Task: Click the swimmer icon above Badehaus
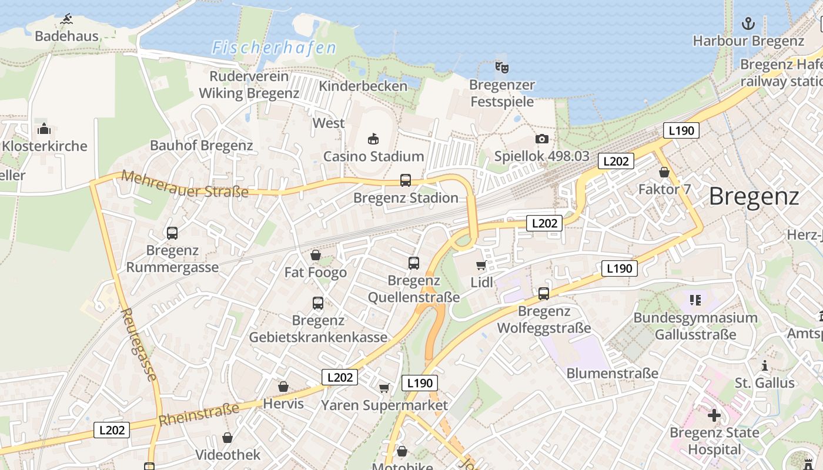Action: point(66,19)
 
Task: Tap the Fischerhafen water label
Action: point(274,48)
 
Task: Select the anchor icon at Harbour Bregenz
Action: point(748,23)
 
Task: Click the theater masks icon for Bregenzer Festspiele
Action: point(501,68)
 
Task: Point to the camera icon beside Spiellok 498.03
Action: point(542,139)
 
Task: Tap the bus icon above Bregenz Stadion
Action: point(405,180)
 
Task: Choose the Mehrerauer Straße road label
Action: point(185,184)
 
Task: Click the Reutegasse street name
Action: point(140,344)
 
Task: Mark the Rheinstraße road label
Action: point(199,414)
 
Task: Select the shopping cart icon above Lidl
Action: point(481,265)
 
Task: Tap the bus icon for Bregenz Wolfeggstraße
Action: point(544,293)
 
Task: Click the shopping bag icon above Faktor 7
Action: point(664,173)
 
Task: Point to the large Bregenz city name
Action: point(754,196)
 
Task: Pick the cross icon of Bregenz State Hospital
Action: point(714,416)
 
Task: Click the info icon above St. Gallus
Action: point(764,366)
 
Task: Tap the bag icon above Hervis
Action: point(283,387)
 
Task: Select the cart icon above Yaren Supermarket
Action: point(384,388)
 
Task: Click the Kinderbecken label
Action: point(363,86)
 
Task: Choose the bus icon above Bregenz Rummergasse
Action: point(172,233)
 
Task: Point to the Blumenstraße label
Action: point(612,373)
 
